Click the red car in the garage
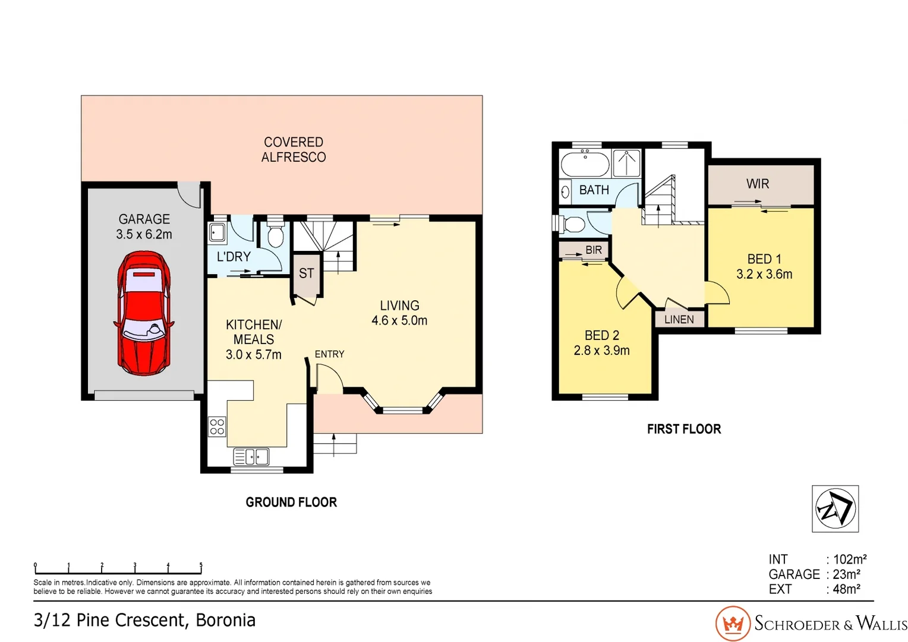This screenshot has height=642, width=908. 144,313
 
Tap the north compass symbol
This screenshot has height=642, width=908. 835,509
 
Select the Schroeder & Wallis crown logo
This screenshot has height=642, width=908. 733,624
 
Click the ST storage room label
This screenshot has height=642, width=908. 306,273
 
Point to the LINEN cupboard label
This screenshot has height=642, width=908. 679,320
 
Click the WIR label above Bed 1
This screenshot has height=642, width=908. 758,184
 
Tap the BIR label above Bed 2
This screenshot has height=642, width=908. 593,250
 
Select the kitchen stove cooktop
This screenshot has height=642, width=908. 217,427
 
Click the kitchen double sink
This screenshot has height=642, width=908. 251,457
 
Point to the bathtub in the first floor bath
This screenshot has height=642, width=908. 585,163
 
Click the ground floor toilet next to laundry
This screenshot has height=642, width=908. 275,235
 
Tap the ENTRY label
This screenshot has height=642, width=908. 329,354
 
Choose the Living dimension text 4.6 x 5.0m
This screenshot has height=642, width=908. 399,320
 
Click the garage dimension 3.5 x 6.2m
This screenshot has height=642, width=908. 144,235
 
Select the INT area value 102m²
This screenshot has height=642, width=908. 850,559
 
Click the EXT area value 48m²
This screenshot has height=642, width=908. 846,589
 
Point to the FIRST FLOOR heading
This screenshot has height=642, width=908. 683,429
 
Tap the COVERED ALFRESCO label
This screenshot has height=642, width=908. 294,150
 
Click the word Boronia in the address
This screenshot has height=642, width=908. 226,620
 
